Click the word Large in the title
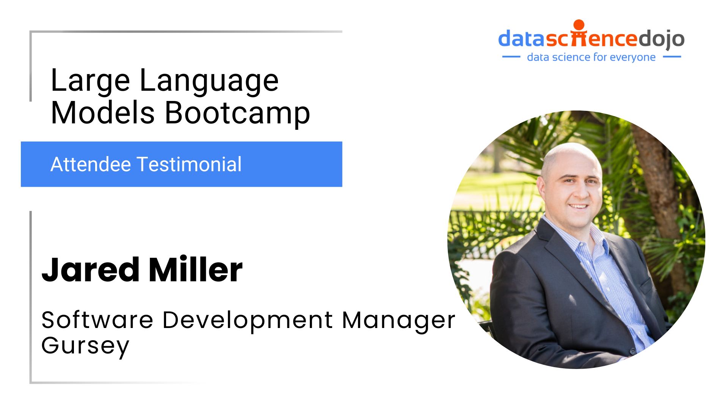90,81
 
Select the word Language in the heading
209,81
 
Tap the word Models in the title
103,112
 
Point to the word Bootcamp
237,113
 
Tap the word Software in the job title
97,320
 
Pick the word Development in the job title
248,321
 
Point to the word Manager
398,321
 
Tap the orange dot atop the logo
579,25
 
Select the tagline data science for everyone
591,57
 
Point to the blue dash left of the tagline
511,57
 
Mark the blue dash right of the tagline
672,57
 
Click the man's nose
579,193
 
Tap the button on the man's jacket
632,351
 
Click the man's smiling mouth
578,206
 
